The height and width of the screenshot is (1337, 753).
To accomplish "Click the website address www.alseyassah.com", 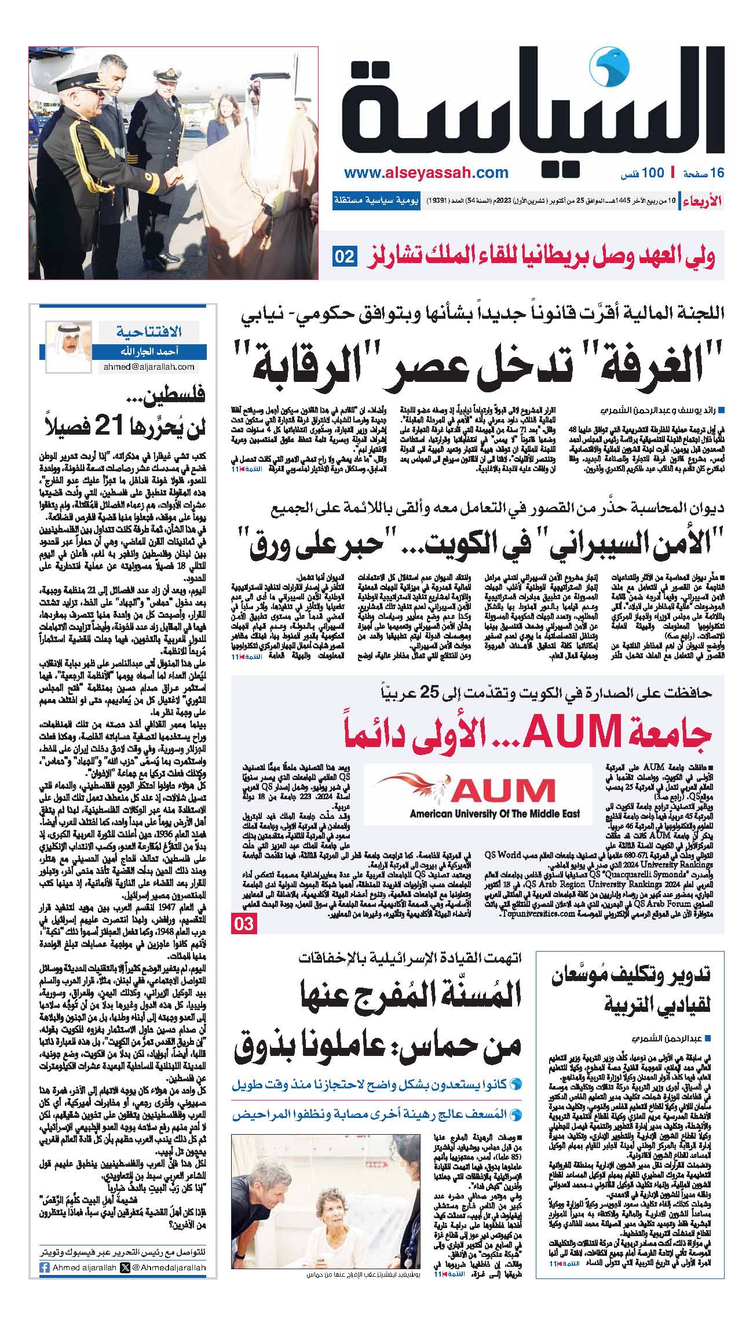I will [x=426, y=173].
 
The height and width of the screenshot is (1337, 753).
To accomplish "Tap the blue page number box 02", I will [x=344, y=256].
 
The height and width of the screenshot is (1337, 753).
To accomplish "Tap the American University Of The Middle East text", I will [x=495, y=814].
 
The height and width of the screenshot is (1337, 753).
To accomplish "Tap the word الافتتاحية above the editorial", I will [x=149, y=331].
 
